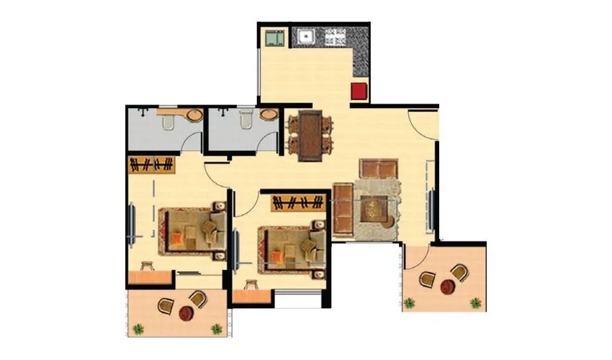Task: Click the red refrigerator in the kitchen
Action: pyautogui.click(x=359, y=91)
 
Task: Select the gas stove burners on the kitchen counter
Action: pyautogui.click(x=335, y=36)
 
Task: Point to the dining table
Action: pyautogui.click(x=310, y=134)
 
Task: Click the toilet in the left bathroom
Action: pyautogui.click(x=168, y=123)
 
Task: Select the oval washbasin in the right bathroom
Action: pyautogui.click(x=269, y=115)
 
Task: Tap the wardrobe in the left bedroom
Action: pyautogui.click(x=152, y=165)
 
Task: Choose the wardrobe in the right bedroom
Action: pyautogui.click(x=296, y=202)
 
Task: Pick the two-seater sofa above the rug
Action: pyautogui.click(x=379, y=168)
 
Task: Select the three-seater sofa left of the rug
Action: pyautogui.click(x=343, y=210)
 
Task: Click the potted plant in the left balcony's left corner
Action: pyautogui.click(x=138, y=329)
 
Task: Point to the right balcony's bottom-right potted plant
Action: pyautogui.click(x=475, y=303)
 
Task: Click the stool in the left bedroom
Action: pyautogui.click(x=148, y=264)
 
